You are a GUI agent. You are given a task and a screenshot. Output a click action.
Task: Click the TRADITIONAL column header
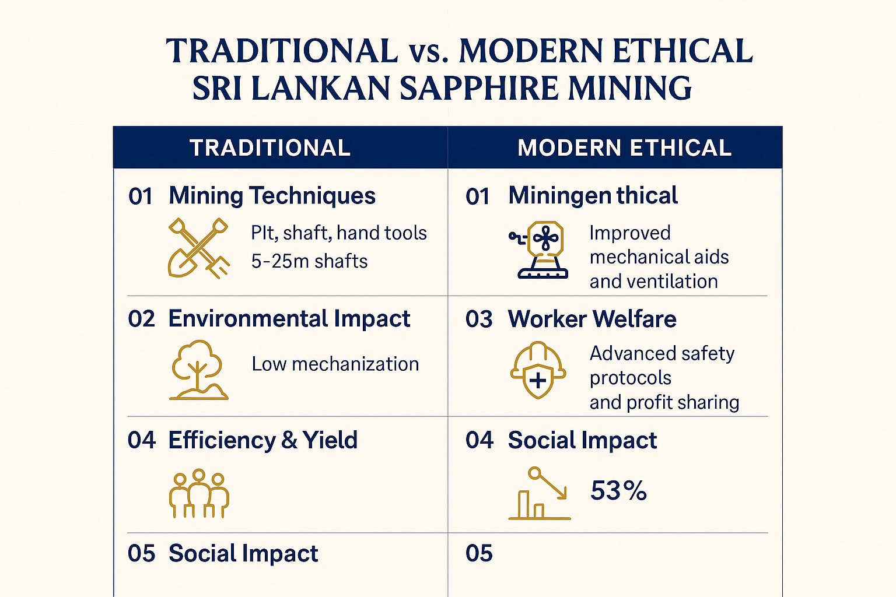pyautogui.click(x=270, y=148)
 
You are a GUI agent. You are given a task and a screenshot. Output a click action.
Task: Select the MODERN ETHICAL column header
pyautogui.click(x=624, y=148)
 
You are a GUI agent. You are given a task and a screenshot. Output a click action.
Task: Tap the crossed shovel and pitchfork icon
pyautogui.click(x=198, y=248)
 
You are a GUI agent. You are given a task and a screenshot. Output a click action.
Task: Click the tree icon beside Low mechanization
pyautogui.click(x=198, y=370)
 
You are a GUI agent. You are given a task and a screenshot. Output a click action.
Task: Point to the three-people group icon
pyautogui.click(x=199, y=493)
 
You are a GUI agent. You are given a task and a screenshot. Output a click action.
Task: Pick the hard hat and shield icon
pyautogui.click(x=538, y=370)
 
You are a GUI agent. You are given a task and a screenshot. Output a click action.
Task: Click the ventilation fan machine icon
pyautogui.click(x=540, y=250)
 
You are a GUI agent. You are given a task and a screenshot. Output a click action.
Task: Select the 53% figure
pyautogui.click(x=618, y=491)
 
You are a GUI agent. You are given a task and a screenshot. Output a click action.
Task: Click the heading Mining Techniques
pyautogui.click(x=272, y=196)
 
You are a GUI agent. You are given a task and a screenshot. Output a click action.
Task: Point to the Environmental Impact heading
pyautogui.click(x=289, y=319)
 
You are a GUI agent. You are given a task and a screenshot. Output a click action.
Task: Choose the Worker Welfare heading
pyautogui.click(x=592, y=319)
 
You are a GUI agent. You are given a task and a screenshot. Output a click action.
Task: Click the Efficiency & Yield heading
pyautogui.click(x=262, y=440)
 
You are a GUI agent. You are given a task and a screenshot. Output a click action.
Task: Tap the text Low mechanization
pyautogui.click(x=335, y=364)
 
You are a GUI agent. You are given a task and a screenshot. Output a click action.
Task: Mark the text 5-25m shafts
pyautogui.click(x=309, y=261)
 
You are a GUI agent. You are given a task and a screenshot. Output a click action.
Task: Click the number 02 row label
pyautogui.click(x=142, y=319)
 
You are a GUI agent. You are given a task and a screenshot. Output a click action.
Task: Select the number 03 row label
pyautogui.click(x=479, y=319)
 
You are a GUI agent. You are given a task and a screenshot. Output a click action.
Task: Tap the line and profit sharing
pyautogui.click(x=664, y=402)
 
